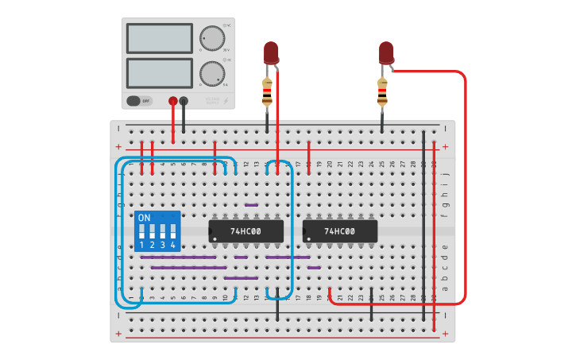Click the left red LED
(x=271, y=52)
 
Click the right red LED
(x=386, y=52)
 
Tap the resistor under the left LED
(x=267, y=93)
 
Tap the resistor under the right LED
(x=382, y=93)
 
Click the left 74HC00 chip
(x=246, y=231)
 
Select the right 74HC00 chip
(x=340, y=231)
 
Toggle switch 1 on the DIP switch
(x=142, y=232)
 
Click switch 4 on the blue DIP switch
(x=172, y=232)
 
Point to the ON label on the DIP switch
(x=144, y=217)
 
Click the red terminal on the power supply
(x=173, y=101)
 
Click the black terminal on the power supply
(x=184, y=101)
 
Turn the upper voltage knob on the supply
(x=211, y=39)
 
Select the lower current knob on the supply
(x=211, y=73)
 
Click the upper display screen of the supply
(x=159, y=38)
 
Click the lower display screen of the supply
(x=159, y=73)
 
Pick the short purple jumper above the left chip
(x=251, y=205)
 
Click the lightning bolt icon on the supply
(x=226, y=101)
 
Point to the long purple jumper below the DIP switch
(x=178, y=257)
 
